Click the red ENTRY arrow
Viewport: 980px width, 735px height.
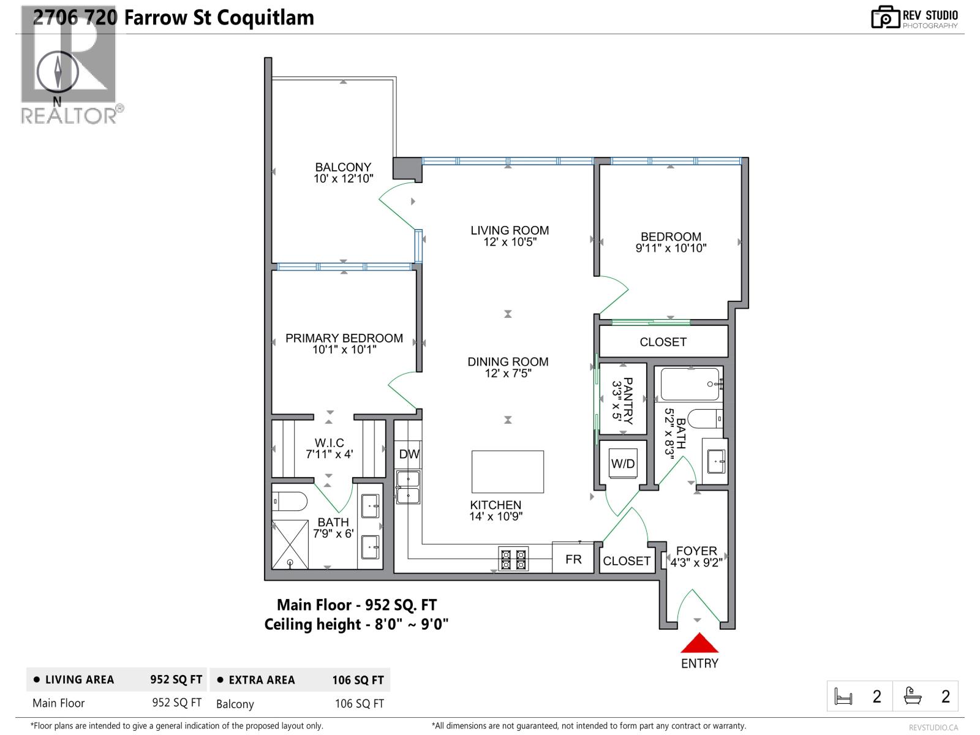tap(699, 644)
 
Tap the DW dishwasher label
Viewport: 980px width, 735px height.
tap(409, 454)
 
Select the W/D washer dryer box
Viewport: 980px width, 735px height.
tap(623, 464)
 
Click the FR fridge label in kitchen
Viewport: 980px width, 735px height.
tap(573, 559)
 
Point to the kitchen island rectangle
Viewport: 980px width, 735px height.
tap(507, 472)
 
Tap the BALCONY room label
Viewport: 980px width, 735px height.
tap(343, 167)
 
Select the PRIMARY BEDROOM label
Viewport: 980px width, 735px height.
tap(344, 338)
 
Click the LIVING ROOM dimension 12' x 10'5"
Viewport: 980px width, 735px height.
tap(510, 242)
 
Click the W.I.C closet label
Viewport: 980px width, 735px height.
tap(329, 442)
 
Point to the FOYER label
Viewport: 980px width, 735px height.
tap(696, 551)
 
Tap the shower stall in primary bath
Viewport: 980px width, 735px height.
tap(290, 544)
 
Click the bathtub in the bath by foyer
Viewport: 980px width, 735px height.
tap(690, 384)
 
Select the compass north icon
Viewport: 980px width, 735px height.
tap(58, 72)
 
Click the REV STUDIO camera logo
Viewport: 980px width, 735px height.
tap(885, 17)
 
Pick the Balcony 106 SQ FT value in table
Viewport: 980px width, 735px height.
tap(359, 704)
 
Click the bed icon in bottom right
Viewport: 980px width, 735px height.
tap(843, 696)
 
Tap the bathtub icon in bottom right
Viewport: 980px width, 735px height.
tap(913, 696)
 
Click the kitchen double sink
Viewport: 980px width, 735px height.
tap(407, 487)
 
